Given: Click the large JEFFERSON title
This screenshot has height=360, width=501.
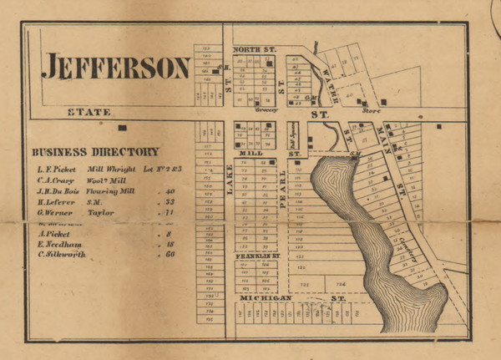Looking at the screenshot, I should coord(116,67).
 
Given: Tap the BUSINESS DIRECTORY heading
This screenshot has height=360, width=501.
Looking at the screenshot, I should coord(94,152).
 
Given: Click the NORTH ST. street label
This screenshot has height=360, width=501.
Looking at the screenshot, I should coord(255,51).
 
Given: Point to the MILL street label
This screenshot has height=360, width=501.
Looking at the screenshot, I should coord(251,153).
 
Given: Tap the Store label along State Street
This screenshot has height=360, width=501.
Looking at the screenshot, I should coord(372,110).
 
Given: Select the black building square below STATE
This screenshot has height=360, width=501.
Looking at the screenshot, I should coord(123,128).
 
